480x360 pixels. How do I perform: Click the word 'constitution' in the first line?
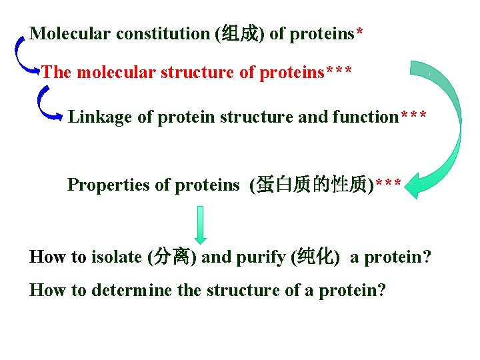(163, 34)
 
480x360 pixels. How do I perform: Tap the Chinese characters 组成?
(239, 34)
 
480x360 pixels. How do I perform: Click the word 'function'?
(366, 117)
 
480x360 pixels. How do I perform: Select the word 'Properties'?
(109, 185)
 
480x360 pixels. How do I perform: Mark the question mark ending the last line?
(381, 291)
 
